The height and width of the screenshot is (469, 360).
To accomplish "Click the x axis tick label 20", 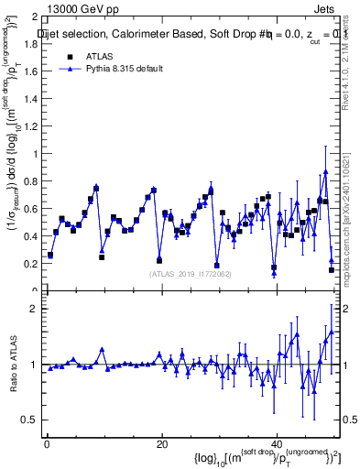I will [x=161, y=443].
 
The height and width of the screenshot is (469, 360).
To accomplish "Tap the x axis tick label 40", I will [x=277, y=443].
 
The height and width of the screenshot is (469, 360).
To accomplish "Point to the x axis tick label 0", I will [x=46, y=443].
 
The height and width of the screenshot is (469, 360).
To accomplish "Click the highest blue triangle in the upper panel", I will [x=325, y=171].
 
